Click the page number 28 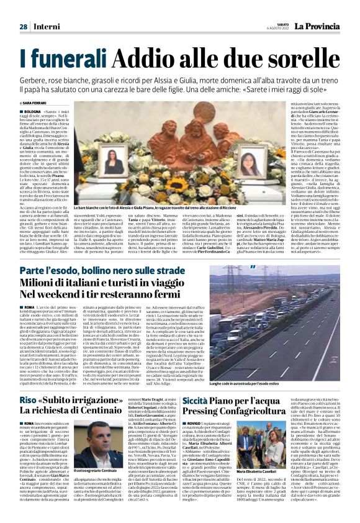(x=23, y=27)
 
